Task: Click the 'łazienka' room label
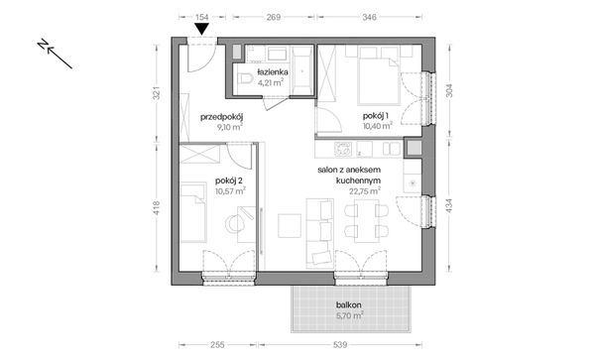pos(273,72)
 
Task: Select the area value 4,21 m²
pos(273,83)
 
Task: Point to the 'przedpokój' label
pos(221,116)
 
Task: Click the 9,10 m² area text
pos(221,127)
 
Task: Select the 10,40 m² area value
pos(377,126)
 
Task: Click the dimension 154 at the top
pos(201,17)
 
